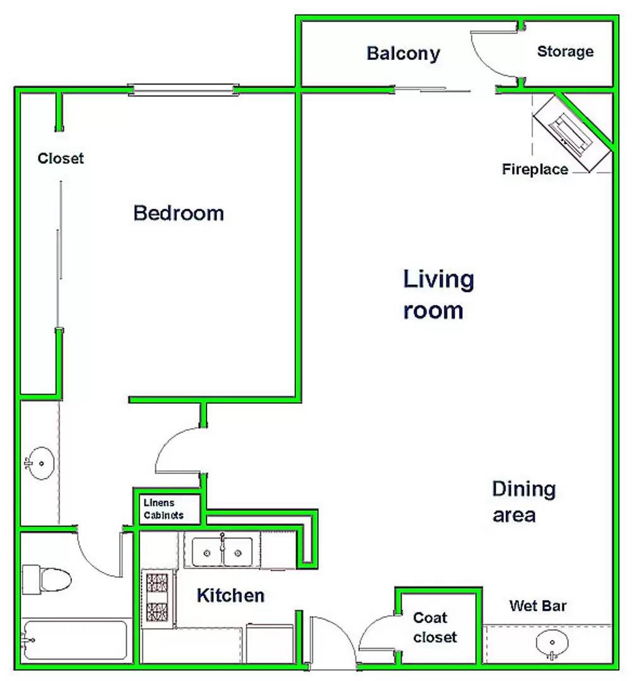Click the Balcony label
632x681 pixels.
point(403,54)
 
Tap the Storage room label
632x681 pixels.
point(565,51)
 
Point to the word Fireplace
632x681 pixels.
point(535,169)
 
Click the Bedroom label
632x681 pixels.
point(178,213)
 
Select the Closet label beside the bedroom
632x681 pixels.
point(61,158)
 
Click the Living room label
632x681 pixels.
point(438,294)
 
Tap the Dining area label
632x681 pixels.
point(523,502)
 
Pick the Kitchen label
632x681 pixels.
point(230,595)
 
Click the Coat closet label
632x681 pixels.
point(434,627)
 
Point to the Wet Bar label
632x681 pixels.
point(538,605)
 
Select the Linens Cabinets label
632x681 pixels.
point(163,509)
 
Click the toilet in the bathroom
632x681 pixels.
point(46,579)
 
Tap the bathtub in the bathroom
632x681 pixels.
point(75,641)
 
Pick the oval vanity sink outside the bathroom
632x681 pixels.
point(40,463)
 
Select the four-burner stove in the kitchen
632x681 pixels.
point(157,598)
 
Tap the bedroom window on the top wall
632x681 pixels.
point(183,90)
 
